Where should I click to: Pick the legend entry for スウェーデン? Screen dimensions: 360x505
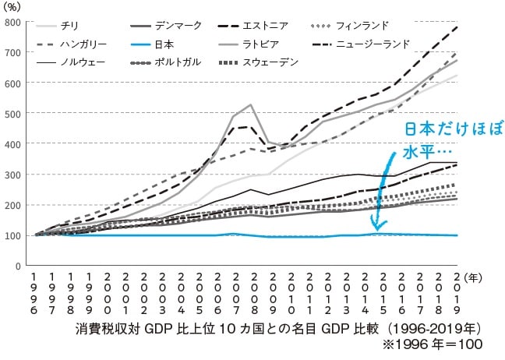(277, 62)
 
